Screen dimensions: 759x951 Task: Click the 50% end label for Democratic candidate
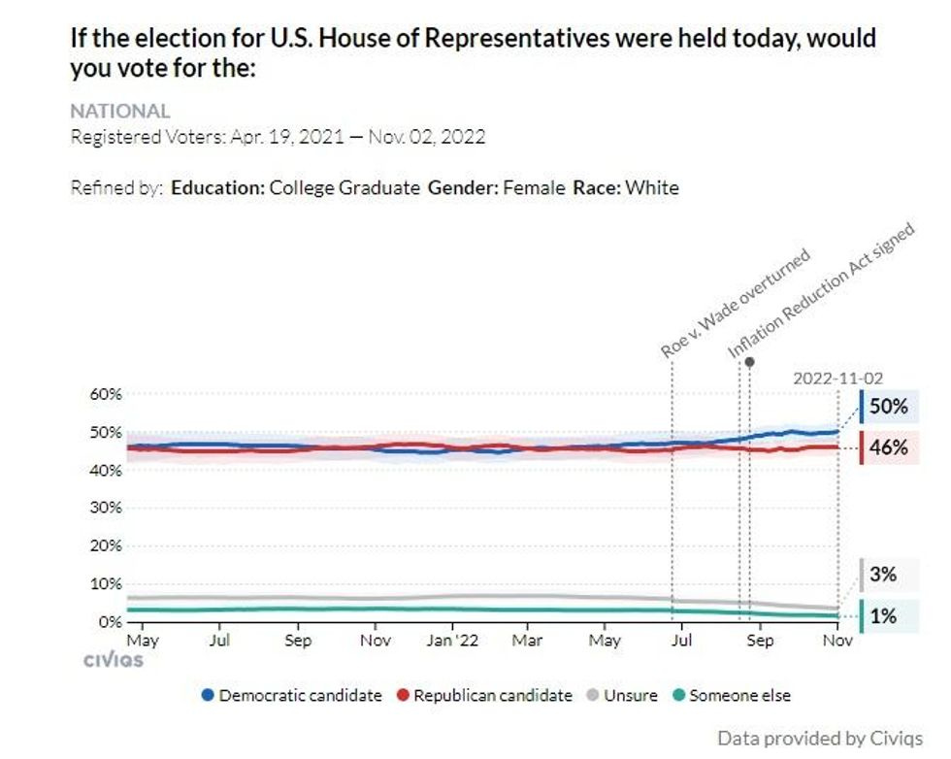(888, 407)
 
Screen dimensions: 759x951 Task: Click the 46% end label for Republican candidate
(888, 447)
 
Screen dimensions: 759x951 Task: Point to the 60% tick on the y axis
(107, 394)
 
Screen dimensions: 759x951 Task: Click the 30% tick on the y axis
(107, 508)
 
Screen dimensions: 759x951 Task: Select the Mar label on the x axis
(527, 641)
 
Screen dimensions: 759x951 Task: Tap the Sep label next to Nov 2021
(298, 641)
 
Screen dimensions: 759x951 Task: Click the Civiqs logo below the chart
(113, 660)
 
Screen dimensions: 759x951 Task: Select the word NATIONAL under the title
(120, 111)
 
